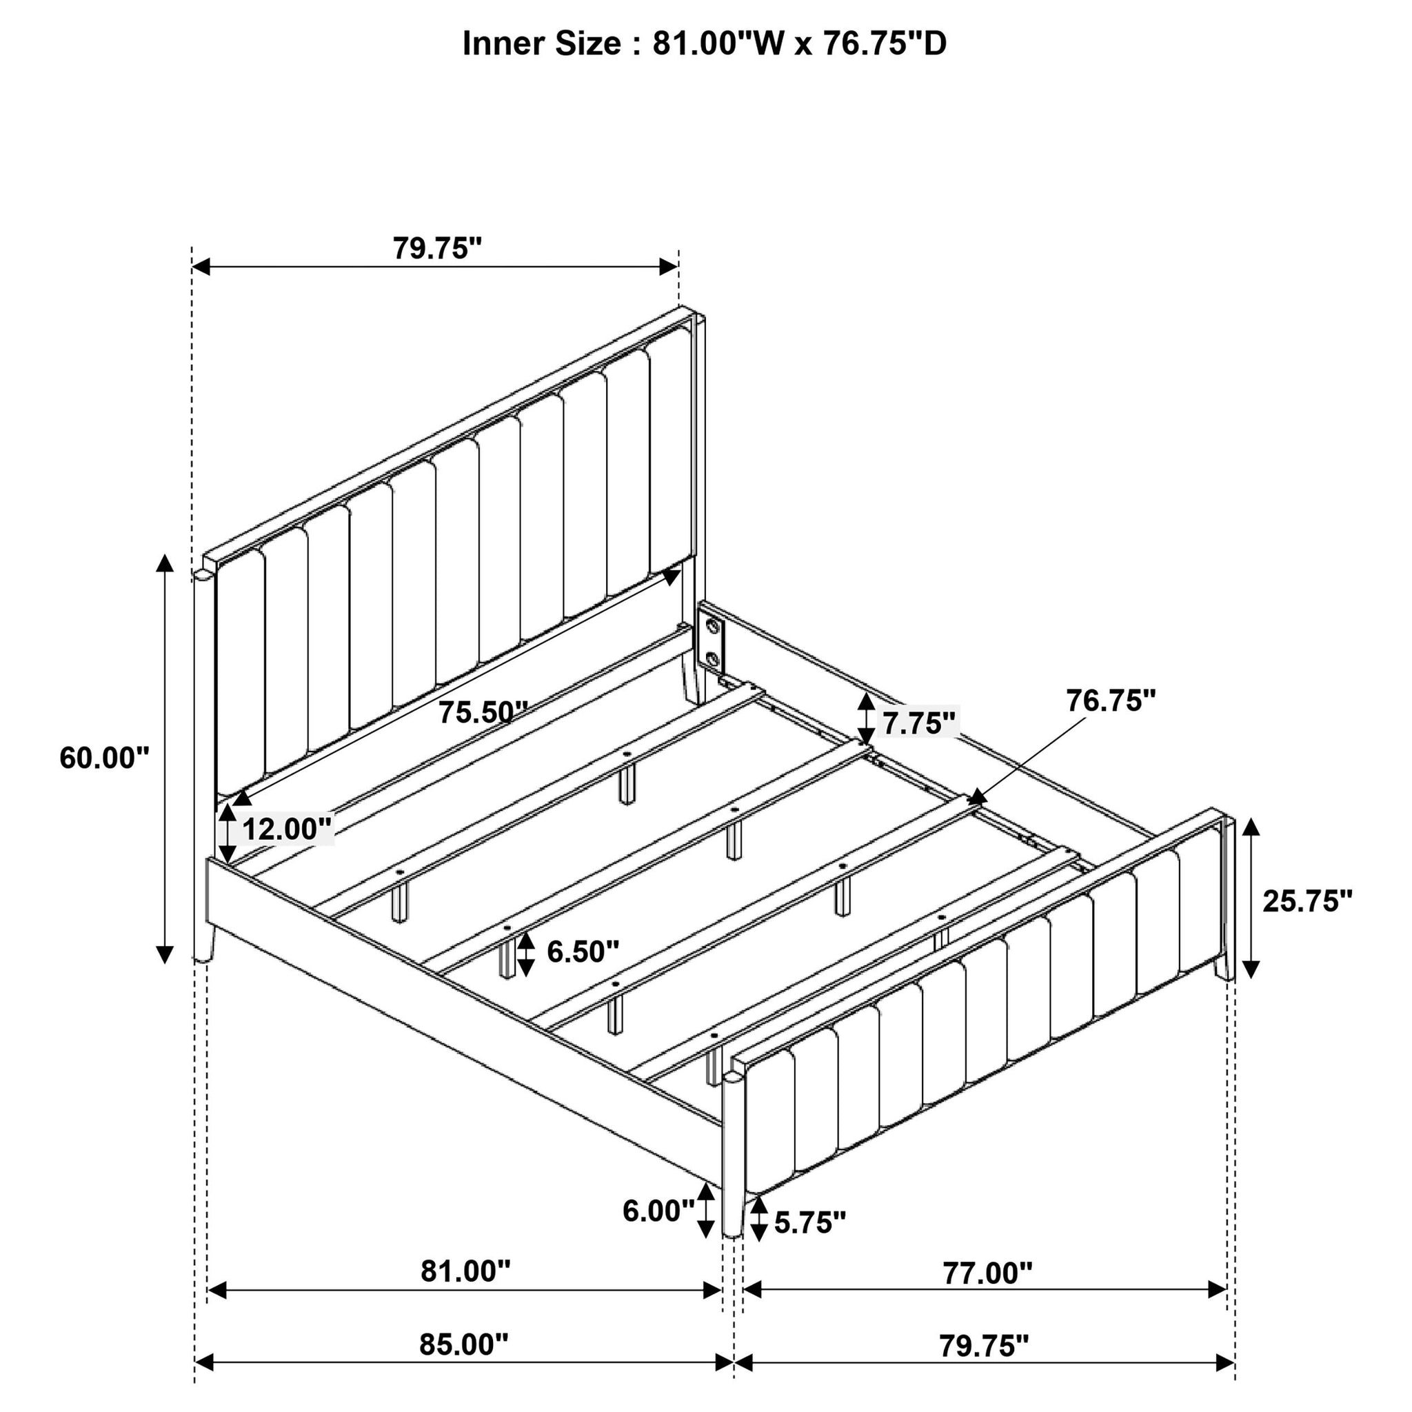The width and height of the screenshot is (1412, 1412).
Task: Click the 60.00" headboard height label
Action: click(104, 758)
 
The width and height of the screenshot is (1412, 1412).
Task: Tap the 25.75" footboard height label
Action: click(1307, 901)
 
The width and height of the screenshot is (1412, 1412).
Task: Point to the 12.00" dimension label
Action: click(288, 829)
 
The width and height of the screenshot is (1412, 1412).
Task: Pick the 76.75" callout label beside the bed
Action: click(1111, 701)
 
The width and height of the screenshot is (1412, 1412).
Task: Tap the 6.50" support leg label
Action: click(583, 951)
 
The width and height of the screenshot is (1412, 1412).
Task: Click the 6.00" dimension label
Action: click(658, 1211)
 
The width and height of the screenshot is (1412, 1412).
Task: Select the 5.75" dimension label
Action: click(810, 1222)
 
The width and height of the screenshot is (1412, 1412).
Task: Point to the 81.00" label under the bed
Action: click(465, 1271)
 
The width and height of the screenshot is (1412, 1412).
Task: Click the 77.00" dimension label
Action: click(987, 1273)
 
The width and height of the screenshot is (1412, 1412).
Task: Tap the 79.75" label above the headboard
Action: click(438, 248)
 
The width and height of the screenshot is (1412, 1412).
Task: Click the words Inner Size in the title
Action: click(541, 44)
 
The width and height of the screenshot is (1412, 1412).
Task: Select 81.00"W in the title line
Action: click(720, 44)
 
